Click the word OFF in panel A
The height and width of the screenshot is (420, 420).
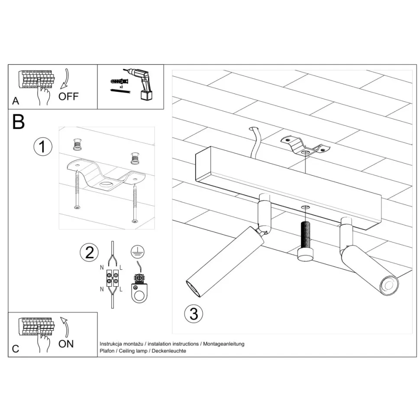(x=68, y=96)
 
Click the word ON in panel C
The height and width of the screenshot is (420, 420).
(x=66, y=344)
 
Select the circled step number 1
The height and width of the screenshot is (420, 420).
(x=43, y=146)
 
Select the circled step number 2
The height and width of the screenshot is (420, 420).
(x=89, y=252)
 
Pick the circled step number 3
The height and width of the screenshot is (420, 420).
(x=194, y=313)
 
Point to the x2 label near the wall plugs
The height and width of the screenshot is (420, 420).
(x=121, y=87)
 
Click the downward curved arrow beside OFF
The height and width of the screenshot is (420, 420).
(x=65, y=79)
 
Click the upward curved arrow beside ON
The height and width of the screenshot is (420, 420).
(x=65, y=327)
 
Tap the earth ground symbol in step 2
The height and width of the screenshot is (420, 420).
(x=138, y=252)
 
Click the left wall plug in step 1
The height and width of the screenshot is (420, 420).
(x=77, y=145)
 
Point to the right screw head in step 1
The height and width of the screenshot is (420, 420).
(x=135, y=221)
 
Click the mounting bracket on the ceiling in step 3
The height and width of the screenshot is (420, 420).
(x=305, y=147)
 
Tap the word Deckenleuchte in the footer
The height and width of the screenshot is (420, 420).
(x=169, y=351)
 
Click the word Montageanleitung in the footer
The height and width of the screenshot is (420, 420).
(x=224, y=344)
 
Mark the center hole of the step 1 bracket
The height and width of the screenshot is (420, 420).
(x=107, y=184)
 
